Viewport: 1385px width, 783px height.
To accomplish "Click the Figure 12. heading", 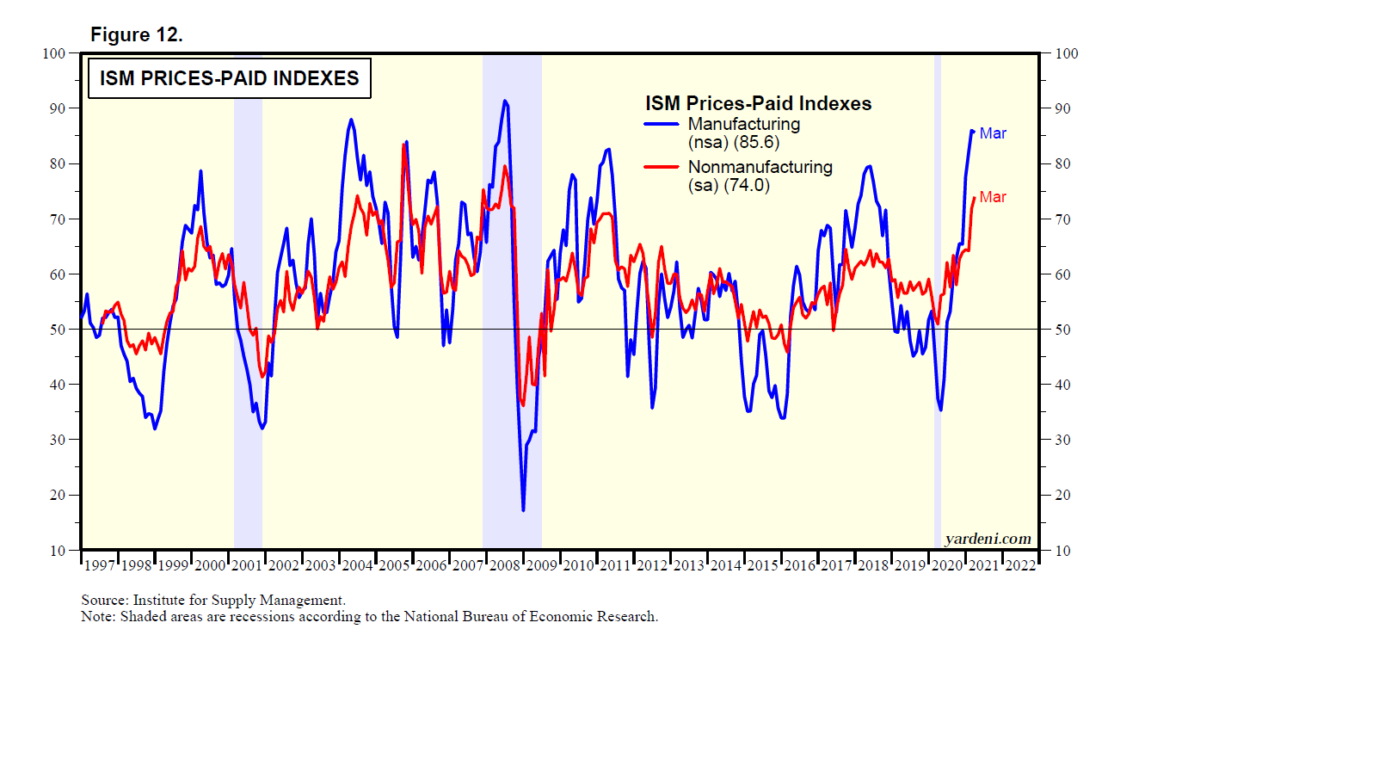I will pyautogui.click(x=136, y=34).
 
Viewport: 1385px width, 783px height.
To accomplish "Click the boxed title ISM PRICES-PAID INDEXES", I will pyautogui.click(x=229, y=78).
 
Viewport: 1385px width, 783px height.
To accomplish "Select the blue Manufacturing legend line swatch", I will pyautogui.click(x=662, y=124).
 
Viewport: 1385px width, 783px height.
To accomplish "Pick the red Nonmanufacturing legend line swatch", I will pyautogui.click(x=662, y=167).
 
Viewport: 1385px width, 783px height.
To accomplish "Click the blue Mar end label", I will pyautogui.click(x=992, y=133).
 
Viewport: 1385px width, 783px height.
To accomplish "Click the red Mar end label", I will pyautogui.click(x=992, y=197).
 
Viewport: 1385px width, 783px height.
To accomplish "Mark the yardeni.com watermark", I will pyautogui.click(x=988, y=539).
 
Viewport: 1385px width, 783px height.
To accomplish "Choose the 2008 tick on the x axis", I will pyautogui.click(x=505, y=565).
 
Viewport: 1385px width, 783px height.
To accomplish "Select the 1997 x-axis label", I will pyautogui.click(x=100, y=565).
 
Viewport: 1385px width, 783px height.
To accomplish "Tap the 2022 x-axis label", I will pyautogui.click(x=1020, y=565).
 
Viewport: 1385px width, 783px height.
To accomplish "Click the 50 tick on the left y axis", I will pyautogui.click(x=57, y=330).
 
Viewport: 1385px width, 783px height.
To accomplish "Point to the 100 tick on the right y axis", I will pyautogui.click(x=1067, y=53).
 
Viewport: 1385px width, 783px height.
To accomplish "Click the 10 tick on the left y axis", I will pyautogui.click(x=57, y=551).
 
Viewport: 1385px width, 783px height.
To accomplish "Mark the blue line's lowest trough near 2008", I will pyautogui.click(x=523, y=510).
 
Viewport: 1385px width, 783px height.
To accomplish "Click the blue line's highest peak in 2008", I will pyautogui.click(x=505, y=101).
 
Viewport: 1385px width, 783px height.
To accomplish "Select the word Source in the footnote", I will pyautogui.click(x=103, y=600).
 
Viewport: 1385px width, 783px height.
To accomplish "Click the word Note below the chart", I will pyautogui.click(x=97, y=617).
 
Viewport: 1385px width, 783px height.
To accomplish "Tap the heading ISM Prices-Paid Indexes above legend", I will pyautogui.click(x=758, y=103).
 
